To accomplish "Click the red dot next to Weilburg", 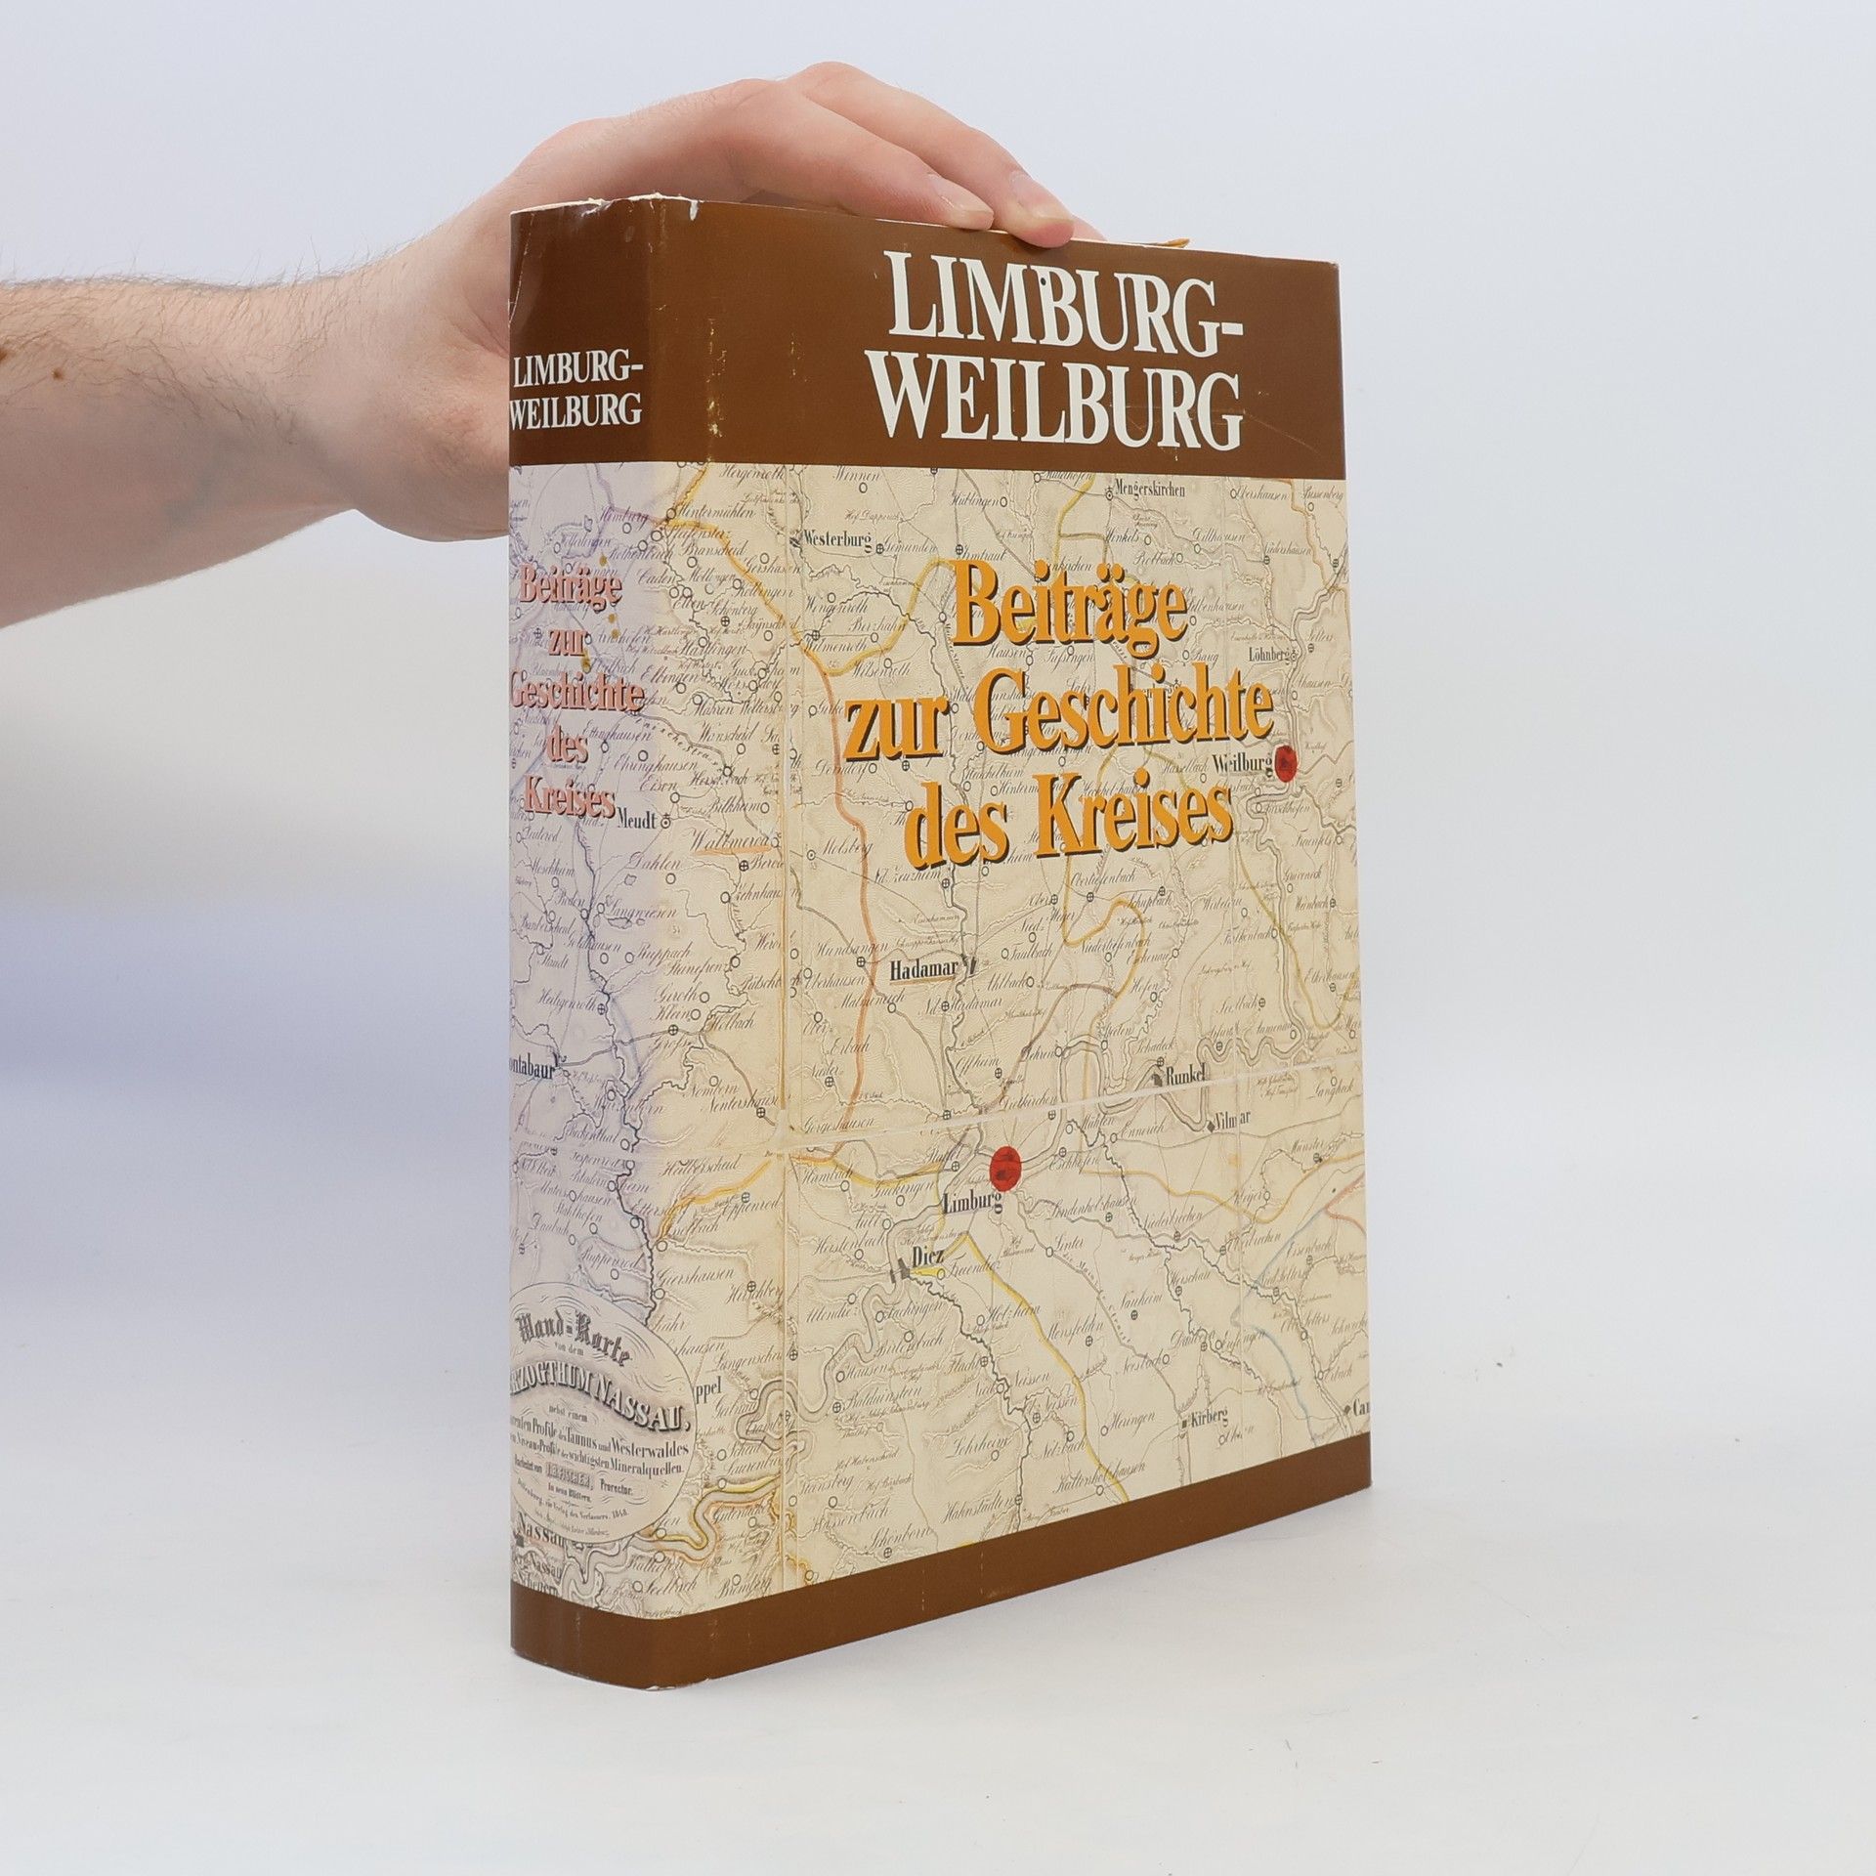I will [x=1289, y=759].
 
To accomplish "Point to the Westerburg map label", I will [x=837, y=537].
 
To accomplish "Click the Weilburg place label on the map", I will [x=1238, y=761].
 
